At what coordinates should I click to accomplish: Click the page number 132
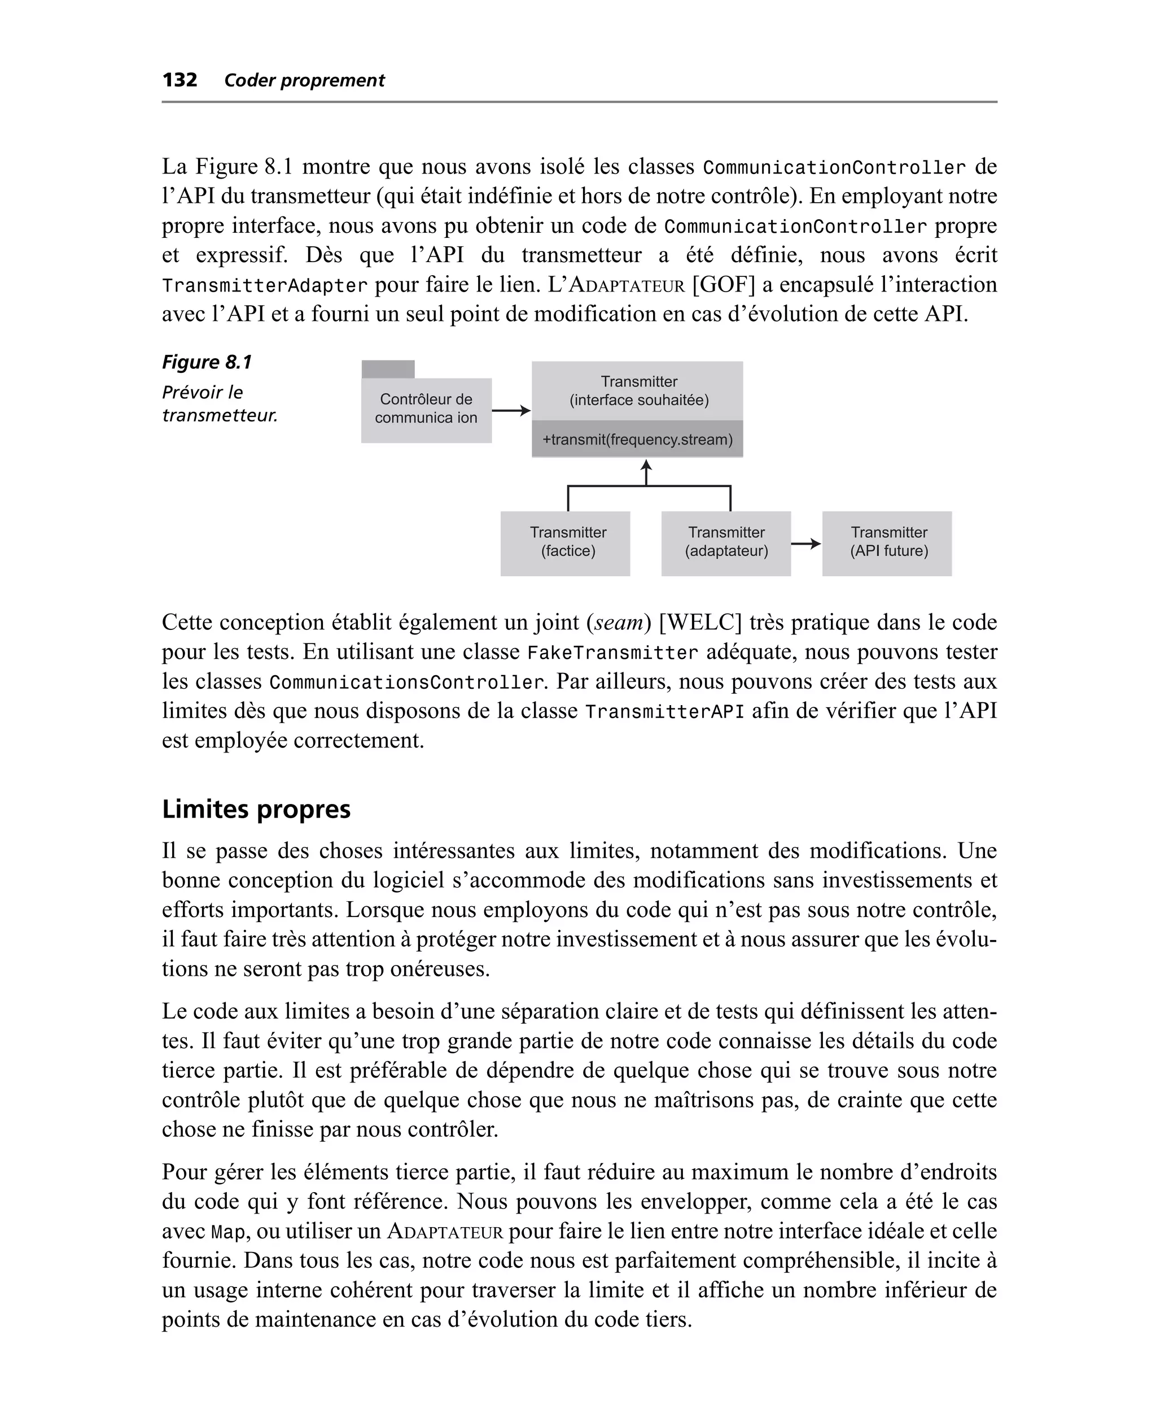point(180,80)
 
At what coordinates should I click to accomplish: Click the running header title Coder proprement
point(304,81)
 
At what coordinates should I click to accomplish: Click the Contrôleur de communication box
point(426,409)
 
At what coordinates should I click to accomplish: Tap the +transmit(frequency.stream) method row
point(637,439)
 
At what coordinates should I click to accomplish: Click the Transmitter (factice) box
point(566,542)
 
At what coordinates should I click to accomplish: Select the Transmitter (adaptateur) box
point(726,542)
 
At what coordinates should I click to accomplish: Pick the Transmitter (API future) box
point(887,542)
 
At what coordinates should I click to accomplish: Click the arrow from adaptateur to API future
point(805,544)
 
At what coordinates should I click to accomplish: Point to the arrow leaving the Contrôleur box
point(511,411)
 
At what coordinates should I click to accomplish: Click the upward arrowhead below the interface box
point(645,467)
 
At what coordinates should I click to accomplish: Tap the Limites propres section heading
point(256,809)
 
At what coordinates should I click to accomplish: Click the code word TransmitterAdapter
point(264,286)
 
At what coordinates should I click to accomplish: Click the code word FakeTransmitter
point(612,653)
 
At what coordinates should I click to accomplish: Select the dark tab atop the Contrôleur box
point(388,369)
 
